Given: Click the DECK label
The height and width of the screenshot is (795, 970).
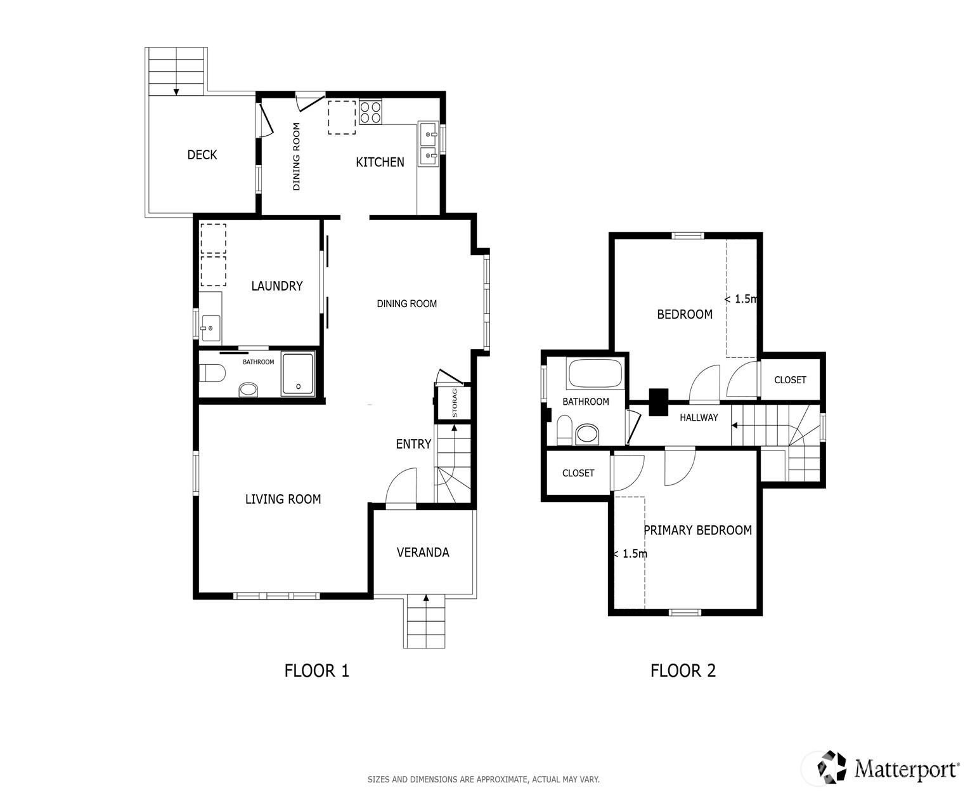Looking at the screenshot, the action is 202,155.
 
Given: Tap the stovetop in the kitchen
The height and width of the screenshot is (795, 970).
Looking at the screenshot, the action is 370,112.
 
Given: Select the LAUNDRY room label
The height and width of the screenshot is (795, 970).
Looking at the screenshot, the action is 277,286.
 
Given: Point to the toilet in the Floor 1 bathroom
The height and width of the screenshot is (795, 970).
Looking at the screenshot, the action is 212,373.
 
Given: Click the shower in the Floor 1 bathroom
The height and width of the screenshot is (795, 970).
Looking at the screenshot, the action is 298,374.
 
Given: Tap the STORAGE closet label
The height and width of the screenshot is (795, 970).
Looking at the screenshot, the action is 455,403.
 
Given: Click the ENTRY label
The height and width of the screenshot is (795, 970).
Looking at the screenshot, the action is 413,443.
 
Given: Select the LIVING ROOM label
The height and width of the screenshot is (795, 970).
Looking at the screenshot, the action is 283,499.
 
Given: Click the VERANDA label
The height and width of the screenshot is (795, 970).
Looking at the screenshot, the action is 423,553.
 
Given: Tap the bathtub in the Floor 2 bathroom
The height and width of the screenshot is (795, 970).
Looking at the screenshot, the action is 595,374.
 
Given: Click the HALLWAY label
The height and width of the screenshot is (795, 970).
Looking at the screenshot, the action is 699,417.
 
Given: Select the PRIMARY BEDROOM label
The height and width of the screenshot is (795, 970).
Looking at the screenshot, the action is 698,530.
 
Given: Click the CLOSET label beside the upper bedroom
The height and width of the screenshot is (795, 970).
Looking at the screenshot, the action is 790,380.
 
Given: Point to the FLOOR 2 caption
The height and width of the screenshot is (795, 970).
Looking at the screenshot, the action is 683,671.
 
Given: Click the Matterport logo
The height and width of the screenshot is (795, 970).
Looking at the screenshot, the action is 888,766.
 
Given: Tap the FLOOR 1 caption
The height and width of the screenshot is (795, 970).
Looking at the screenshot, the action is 317,671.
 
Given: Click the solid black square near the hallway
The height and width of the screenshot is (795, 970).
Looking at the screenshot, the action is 658,402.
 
